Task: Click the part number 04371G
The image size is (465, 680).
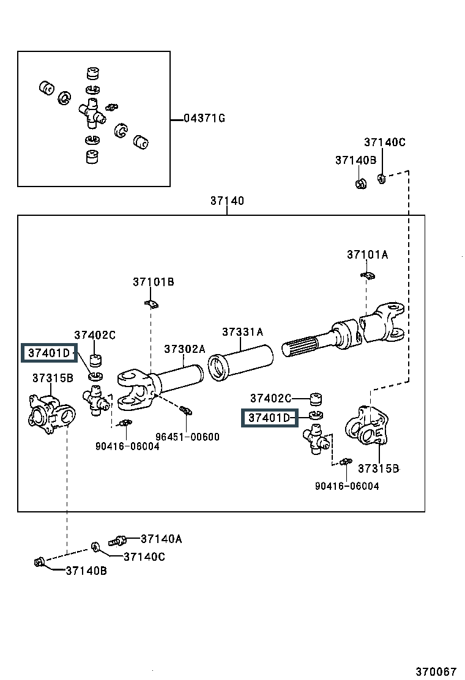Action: [204, 118]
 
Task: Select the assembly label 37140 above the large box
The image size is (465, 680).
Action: [227, 201]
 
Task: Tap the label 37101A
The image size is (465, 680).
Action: [367, 254]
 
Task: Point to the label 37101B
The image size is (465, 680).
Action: [154, 282]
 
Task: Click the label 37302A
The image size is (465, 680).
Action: [185, 349]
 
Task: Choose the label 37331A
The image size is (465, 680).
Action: [242, 332]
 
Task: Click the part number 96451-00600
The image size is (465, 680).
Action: [187, 437]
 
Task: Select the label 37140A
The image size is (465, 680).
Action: [162, 539]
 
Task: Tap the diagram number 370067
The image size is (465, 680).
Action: [436, 672]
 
